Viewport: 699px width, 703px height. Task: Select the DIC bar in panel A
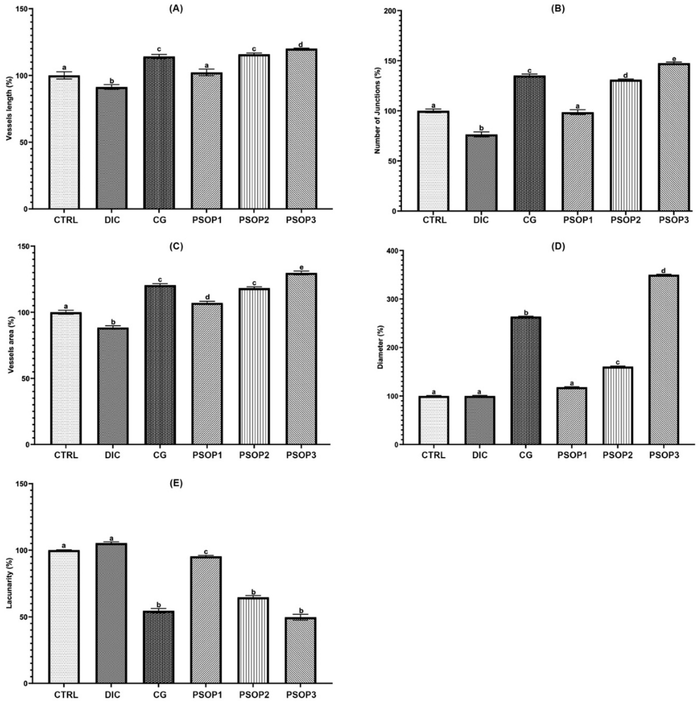(x=112, y=148)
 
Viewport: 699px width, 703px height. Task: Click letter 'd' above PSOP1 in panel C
(x=207, y=297)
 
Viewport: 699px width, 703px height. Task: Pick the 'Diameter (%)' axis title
(x=380, y=348)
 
